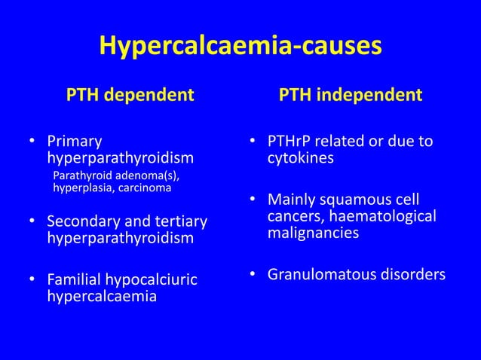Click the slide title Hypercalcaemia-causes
240,47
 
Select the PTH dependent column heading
130,96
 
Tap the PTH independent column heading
351,96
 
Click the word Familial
75,280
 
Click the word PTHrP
290,142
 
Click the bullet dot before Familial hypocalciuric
32,280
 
